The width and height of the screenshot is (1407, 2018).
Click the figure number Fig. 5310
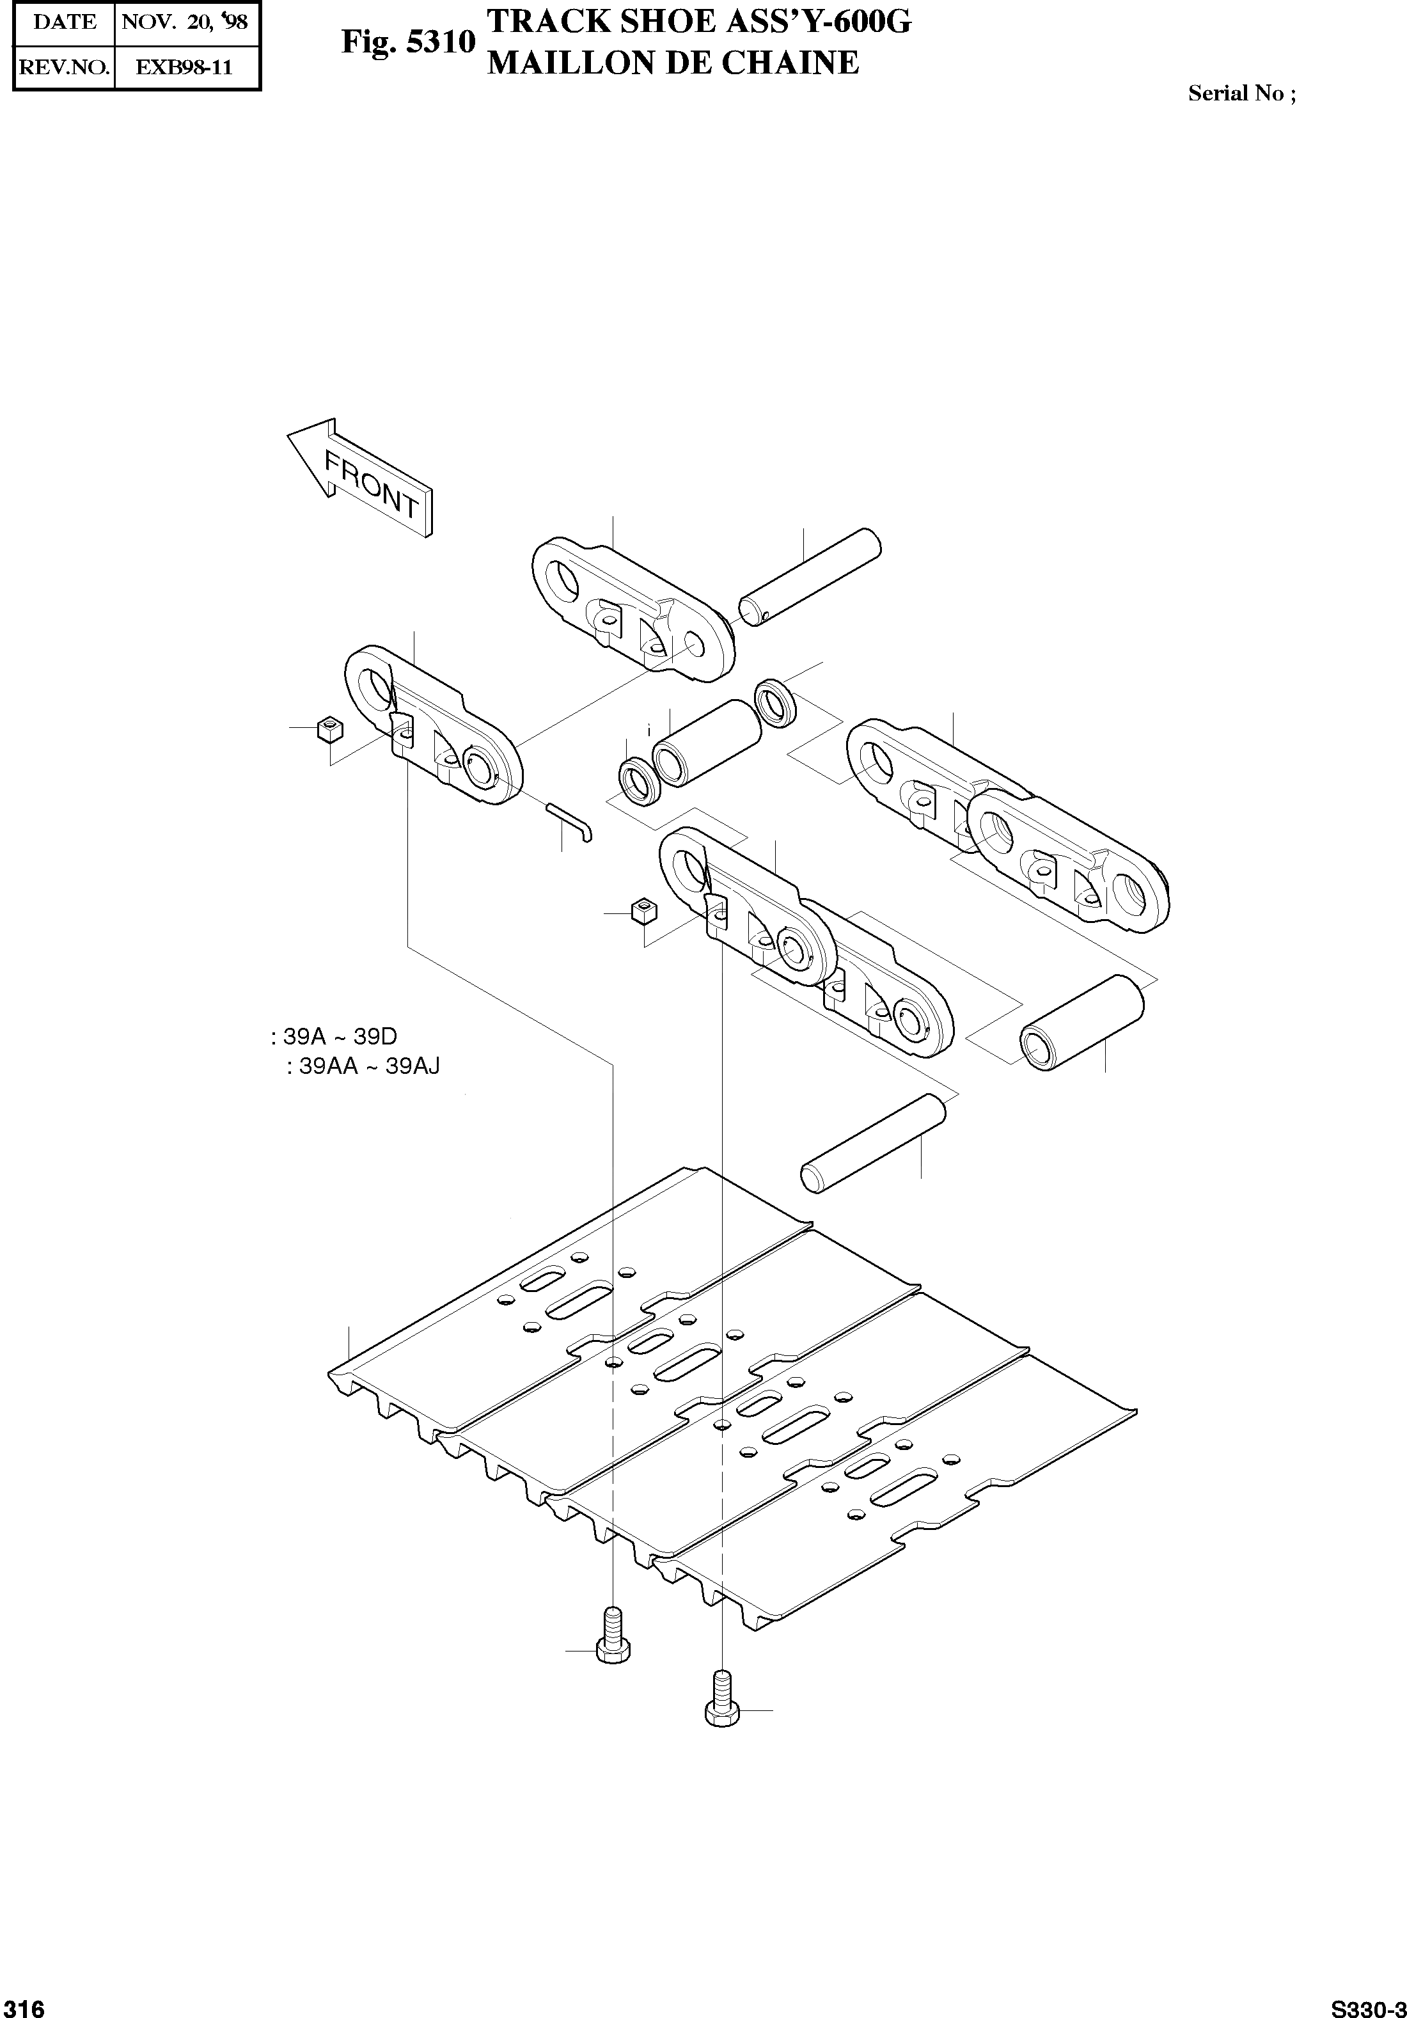tap(409, 42)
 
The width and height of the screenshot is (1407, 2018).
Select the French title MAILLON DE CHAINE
tap(672, 63)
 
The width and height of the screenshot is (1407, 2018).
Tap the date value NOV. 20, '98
tap(185, 22)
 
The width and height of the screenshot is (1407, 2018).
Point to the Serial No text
tap(1241, 94)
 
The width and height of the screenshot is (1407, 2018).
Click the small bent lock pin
tap(571, 822)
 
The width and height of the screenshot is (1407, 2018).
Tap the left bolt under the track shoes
tap(613, 1635)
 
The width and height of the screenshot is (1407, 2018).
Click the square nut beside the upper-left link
tap(329, 729)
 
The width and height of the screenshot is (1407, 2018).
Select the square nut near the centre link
tap(643, 911)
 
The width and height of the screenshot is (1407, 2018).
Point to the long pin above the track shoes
tap(874, 1142)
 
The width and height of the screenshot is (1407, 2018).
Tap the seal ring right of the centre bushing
tap(776, 702)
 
